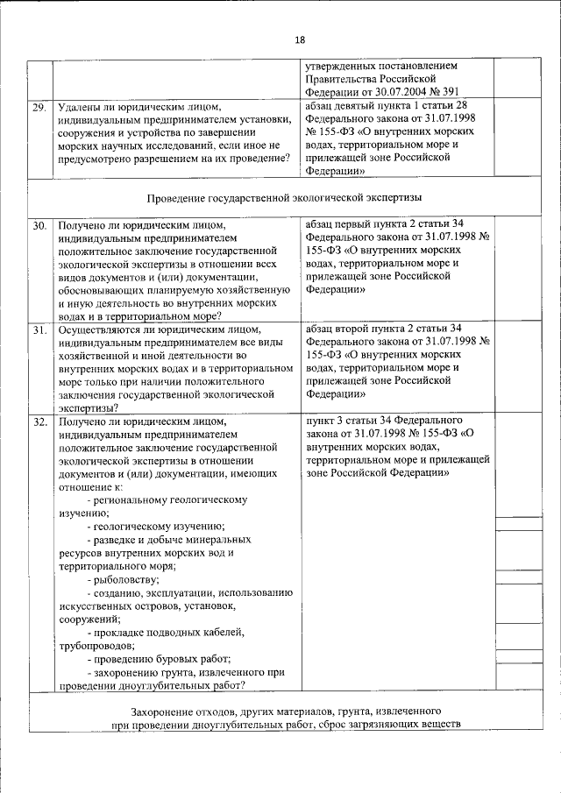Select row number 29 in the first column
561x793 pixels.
(39, 108)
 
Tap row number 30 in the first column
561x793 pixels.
(39, 225)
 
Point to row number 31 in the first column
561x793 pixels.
(39, 330)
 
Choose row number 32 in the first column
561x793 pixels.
(39, 422)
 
